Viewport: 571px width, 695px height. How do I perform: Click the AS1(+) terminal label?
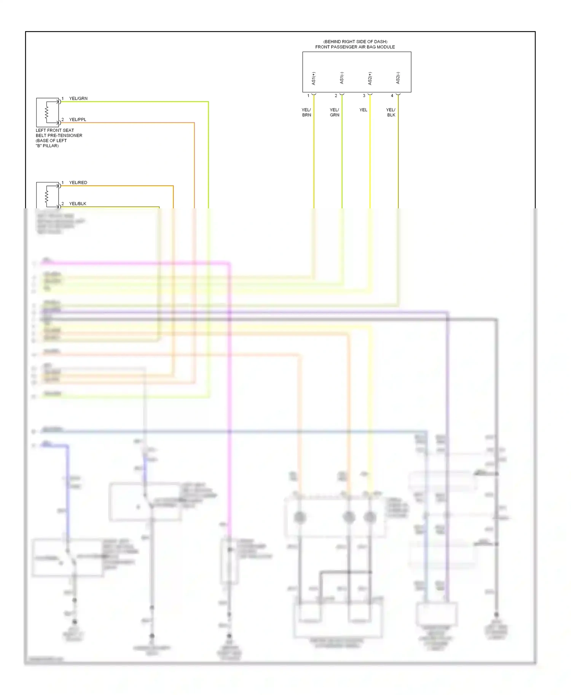314,78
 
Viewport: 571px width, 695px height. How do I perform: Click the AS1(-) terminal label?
342,78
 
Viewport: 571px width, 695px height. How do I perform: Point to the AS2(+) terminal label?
370,78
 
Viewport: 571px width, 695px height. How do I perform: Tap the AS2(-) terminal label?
398,78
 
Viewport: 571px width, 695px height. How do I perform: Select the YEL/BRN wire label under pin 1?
306,112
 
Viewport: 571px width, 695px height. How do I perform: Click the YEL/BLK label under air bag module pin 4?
391,112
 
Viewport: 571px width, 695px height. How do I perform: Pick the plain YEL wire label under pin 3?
363,110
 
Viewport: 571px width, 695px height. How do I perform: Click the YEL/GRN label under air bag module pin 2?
334,112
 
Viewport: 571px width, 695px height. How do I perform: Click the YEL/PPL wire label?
78,119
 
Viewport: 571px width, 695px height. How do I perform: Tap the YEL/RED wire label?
78,182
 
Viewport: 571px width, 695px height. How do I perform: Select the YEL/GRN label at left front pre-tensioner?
78,98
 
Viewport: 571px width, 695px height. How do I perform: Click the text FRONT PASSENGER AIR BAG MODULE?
355,47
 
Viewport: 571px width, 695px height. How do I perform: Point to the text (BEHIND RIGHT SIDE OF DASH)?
355,41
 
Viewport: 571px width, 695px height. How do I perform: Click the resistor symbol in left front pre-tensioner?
47,112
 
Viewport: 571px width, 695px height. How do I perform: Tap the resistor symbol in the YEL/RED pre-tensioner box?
47,196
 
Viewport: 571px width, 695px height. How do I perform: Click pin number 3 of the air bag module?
364,96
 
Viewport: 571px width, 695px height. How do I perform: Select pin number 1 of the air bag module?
308,96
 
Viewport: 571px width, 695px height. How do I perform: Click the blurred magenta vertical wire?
230,380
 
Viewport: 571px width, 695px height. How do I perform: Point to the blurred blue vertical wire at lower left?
68,494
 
